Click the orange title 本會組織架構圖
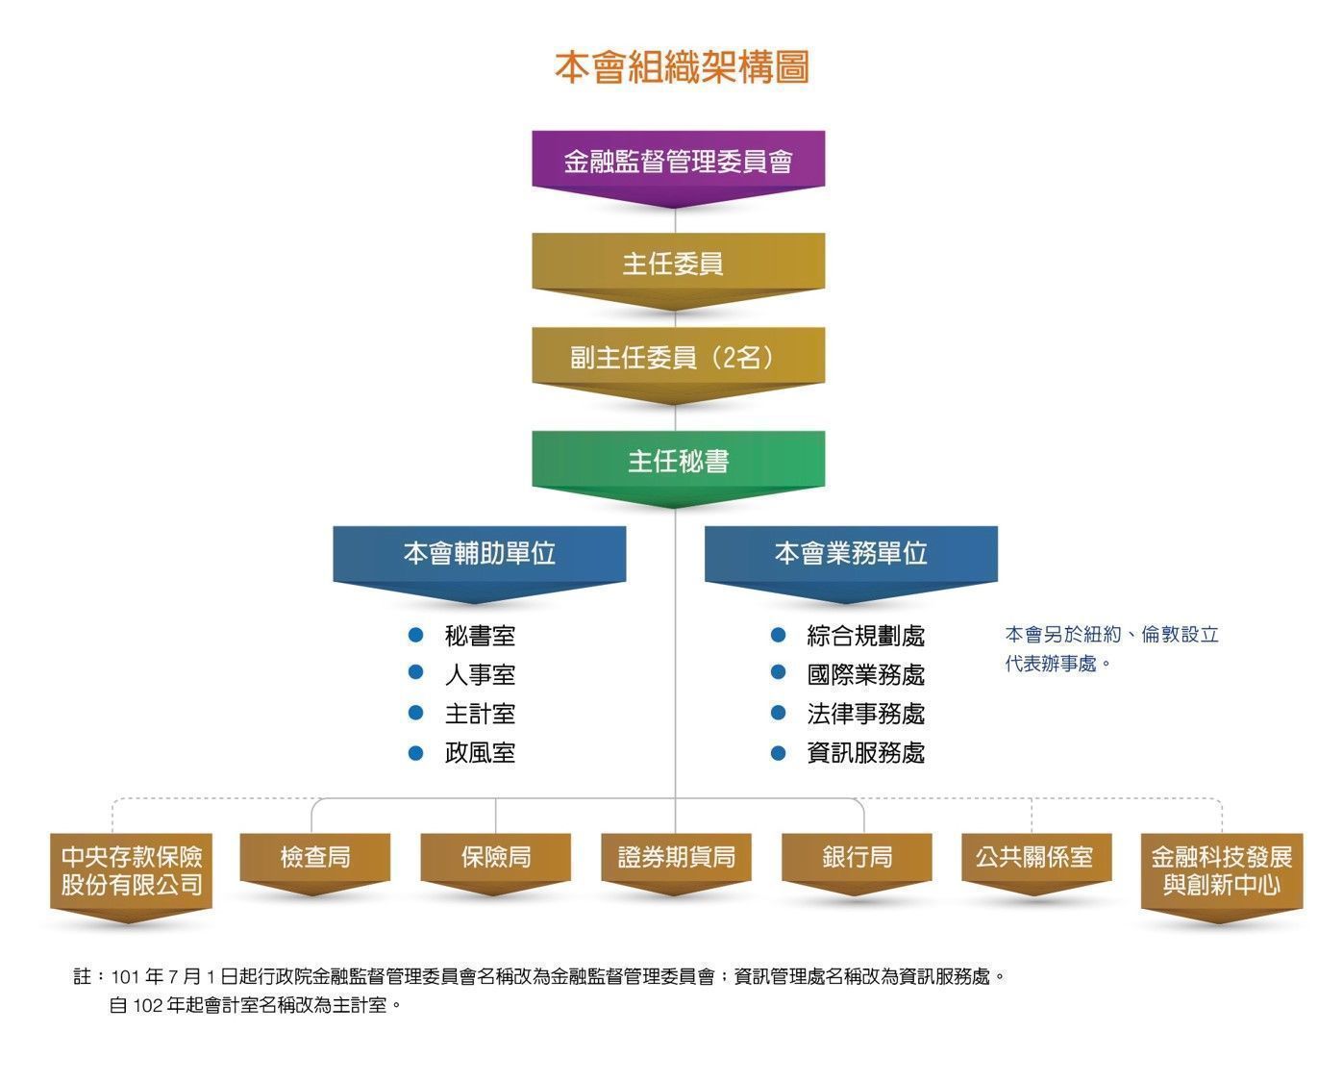(682, 67)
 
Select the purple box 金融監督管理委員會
(678, 161)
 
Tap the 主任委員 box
(678, 264)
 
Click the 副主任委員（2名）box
(678, 358)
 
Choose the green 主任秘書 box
(678, 461)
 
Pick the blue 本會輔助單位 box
(479, 553)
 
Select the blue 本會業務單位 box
(850, 553)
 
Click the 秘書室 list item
(480, 636)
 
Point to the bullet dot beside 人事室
(416, 673)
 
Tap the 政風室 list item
(480, 752)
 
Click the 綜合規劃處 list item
(865, 636)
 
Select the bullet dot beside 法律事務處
(779, 713)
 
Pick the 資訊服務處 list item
(865, 752)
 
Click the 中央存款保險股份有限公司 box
(131, 870)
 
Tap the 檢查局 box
(314, 856)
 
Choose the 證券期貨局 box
(676, 856)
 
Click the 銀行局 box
(857, 856)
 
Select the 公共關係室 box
(1034, 856)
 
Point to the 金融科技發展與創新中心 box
(1221, 870)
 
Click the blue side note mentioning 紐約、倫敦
(1111, 648)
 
